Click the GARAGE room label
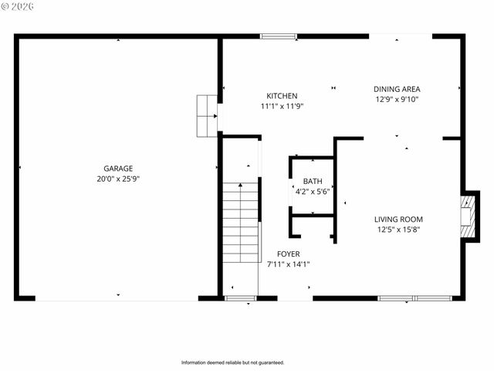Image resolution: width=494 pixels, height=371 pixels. (118, 168)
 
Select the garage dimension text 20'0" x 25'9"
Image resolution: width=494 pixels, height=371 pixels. (118, 179)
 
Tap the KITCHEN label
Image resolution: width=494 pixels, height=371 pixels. (282, 96)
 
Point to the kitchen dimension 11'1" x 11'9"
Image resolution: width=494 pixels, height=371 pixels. (282, 106)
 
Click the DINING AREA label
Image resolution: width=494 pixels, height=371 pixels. (397, 89)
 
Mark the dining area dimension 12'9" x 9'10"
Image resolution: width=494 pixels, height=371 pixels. (397, 99)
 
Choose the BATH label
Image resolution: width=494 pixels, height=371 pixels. (312, 182)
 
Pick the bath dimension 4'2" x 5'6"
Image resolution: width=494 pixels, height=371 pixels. (312, 191)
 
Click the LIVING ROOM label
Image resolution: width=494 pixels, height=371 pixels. (398, 219)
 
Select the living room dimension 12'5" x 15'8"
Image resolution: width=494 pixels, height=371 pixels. (398, 229)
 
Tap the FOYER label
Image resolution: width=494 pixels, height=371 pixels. (288, 254)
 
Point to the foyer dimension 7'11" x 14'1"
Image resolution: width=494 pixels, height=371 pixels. (288, 264)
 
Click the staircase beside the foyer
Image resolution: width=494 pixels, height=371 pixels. (240, 224)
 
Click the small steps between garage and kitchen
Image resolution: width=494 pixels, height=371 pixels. (207, 116)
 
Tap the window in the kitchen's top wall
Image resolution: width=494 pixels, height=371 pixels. (278, 36)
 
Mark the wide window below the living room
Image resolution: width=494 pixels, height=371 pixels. (414, 298)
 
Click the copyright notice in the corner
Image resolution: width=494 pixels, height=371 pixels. (17, 6)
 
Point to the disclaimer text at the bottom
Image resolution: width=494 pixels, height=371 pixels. (232, 362)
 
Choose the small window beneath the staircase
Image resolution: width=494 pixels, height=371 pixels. (240, 298)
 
